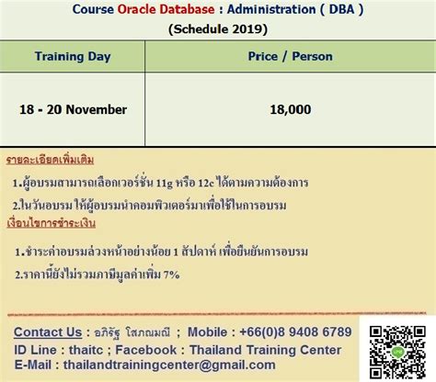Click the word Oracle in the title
coord(144,10)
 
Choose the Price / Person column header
coord(291,56)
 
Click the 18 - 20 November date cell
coord(73,109)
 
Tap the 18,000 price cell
coord(291,109)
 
